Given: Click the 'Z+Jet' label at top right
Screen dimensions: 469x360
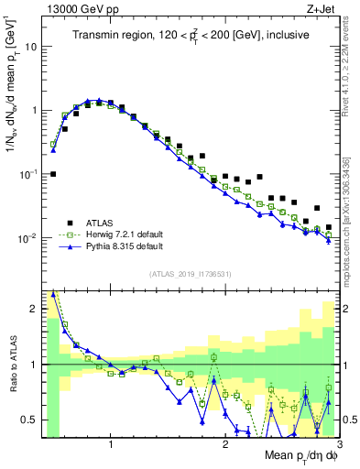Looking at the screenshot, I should tap(316, 8).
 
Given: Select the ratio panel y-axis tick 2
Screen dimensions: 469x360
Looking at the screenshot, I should tap(33, 309).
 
